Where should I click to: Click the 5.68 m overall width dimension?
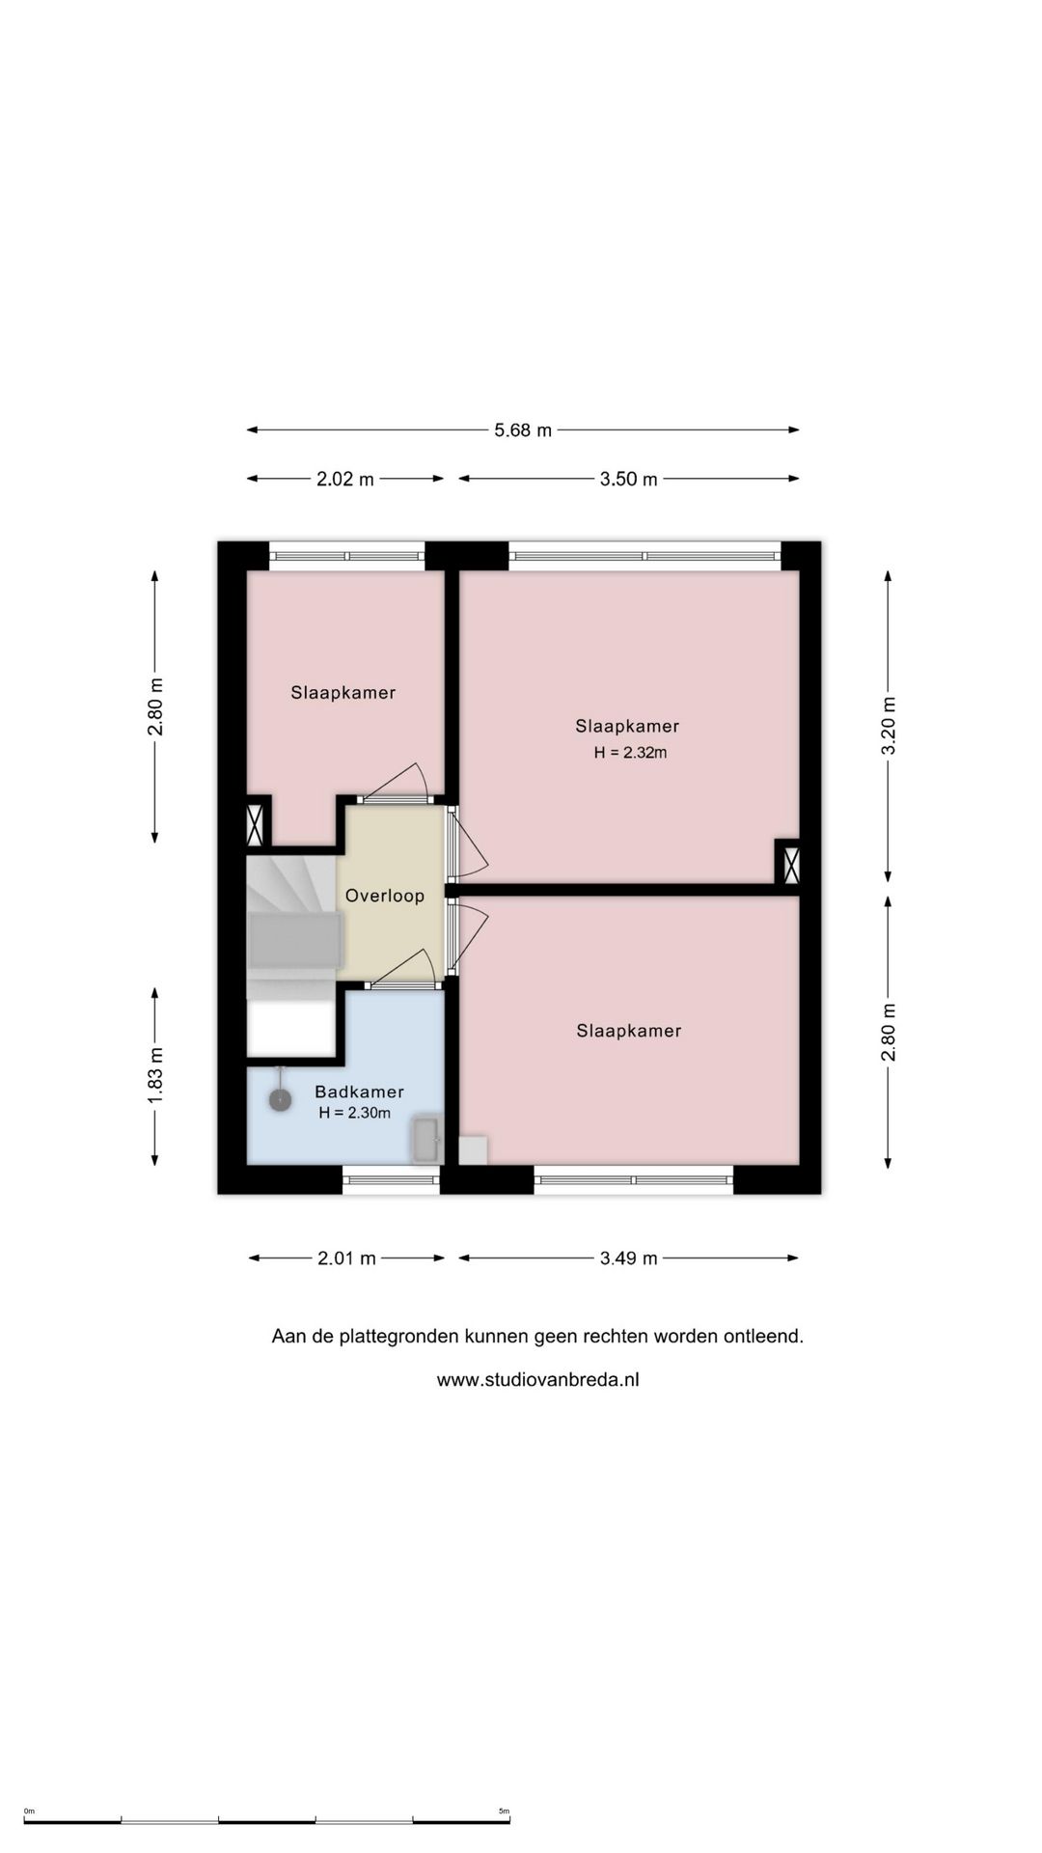523,430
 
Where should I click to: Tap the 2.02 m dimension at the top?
345,479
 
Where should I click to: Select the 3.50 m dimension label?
629,479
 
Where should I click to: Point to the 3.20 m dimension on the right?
889,726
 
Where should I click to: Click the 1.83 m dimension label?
155,1075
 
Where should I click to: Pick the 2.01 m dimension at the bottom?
347,1258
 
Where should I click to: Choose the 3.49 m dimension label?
629,1258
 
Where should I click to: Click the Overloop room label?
385,896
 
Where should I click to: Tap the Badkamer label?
359,1092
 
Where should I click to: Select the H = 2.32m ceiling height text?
630,753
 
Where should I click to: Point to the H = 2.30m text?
355,1113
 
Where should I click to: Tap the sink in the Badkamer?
425,1140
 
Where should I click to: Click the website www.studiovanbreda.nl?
537,1380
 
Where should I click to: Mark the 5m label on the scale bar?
504,1812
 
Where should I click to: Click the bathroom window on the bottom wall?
391,1179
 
